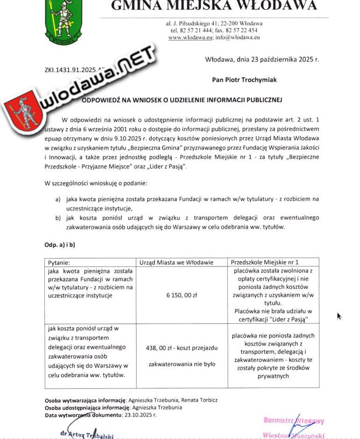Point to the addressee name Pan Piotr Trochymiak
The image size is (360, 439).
[x=244, y=80]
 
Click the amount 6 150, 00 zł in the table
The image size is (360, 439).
[x=182, y=295]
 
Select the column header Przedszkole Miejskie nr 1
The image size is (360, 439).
[x=265, y=262]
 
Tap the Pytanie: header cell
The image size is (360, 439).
[x=59, y=263]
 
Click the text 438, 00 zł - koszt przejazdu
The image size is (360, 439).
[x=182, y=348]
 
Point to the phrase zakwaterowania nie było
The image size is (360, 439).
[x=182, y=364]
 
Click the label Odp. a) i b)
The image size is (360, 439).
[x=60, y=244]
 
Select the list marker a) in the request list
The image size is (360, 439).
[x=58, y=199]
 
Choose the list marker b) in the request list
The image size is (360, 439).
[x=58, y=218]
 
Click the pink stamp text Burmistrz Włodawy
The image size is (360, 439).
[x=293, y=420]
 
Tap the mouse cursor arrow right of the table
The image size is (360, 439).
[x=339, y=316]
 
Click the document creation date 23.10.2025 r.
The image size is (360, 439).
[x=140, y=415]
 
